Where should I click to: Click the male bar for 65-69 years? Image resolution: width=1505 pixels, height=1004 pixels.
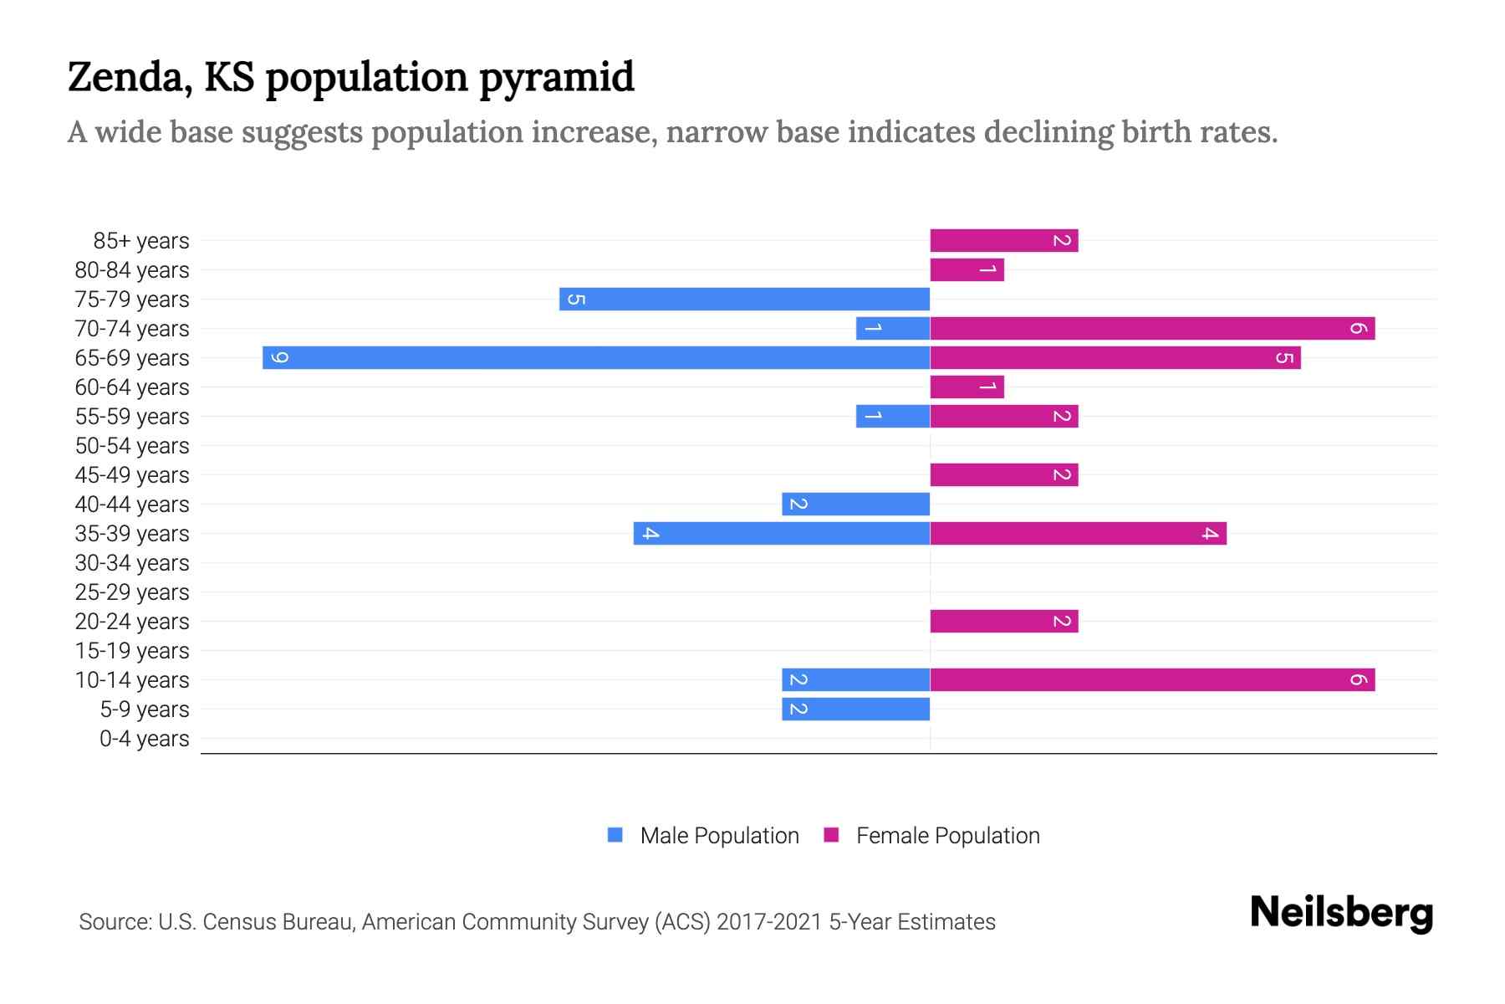595,358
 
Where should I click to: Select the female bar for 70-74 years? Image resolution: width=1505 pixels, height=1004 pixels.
1152,329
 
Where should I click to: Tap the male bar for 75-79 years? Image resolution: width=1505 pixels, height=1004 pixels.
744,300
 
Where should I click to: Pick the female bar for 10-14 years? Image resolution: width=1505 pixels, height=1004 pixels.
1152,680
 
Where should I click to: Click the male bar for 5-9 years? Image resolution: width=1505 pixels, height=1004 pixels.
855,709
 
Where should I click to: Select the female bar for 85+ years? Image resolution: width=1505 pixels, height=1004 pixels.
1003,241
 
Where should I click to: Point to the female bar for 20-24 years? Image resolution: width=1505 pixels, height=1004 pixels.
1003,622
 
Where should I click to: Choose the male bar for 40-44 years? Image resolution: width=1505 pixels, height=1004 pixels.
855,505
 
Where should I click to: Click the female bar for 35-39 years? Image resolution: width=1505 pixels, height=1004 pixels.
1078,534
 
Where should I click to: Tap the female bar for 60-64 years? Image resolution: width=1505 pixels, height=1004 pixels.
967,387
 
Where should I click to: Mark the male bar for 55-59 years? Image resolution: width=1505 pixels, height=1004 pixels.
892,417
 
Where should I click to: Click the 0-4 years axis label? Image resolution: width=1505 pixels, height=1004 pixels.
144,739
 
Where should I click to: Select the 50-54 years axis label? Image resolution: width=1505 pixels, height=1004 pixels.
132,446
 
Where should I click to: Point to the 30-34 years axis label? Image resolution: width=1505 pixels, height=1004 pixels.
132,563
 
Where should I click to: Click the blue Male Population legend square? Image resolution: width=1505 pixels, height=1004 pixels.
615,835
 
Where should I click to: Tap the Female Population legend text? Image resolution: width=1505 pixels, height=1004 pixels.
947,836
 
